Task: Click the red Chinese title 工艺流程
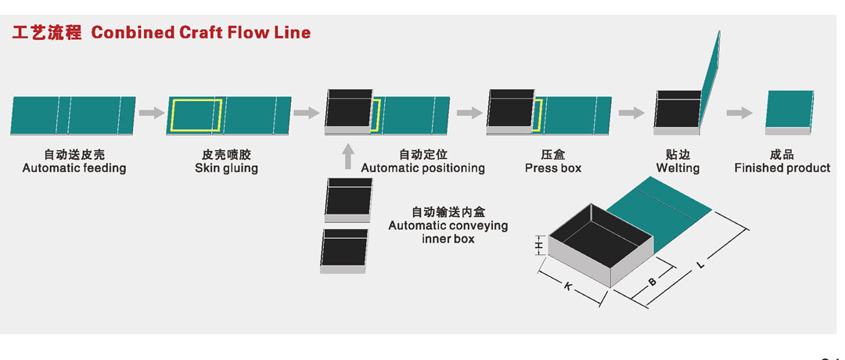click(46, 33)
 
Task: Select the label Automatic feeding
click(74, 168)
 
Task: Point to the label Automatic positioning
click(422, 168)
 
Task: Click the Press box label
click(553, 168)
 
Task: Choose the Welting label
click(678, 168)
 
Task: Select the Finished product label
click(782, 168)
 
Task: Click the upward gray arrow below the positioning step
click(348, 155)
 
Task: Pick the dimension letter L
click(700, 265)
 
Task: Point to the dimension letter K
click(566, 286)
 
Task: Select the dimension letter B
click(652, 280)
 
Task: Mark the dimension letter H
click(538, 247)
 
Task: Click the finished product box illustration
click(789, 112)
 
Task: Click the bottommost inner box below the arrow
click(343, 250)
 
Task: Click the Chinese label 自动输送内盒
click(448, 212)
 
